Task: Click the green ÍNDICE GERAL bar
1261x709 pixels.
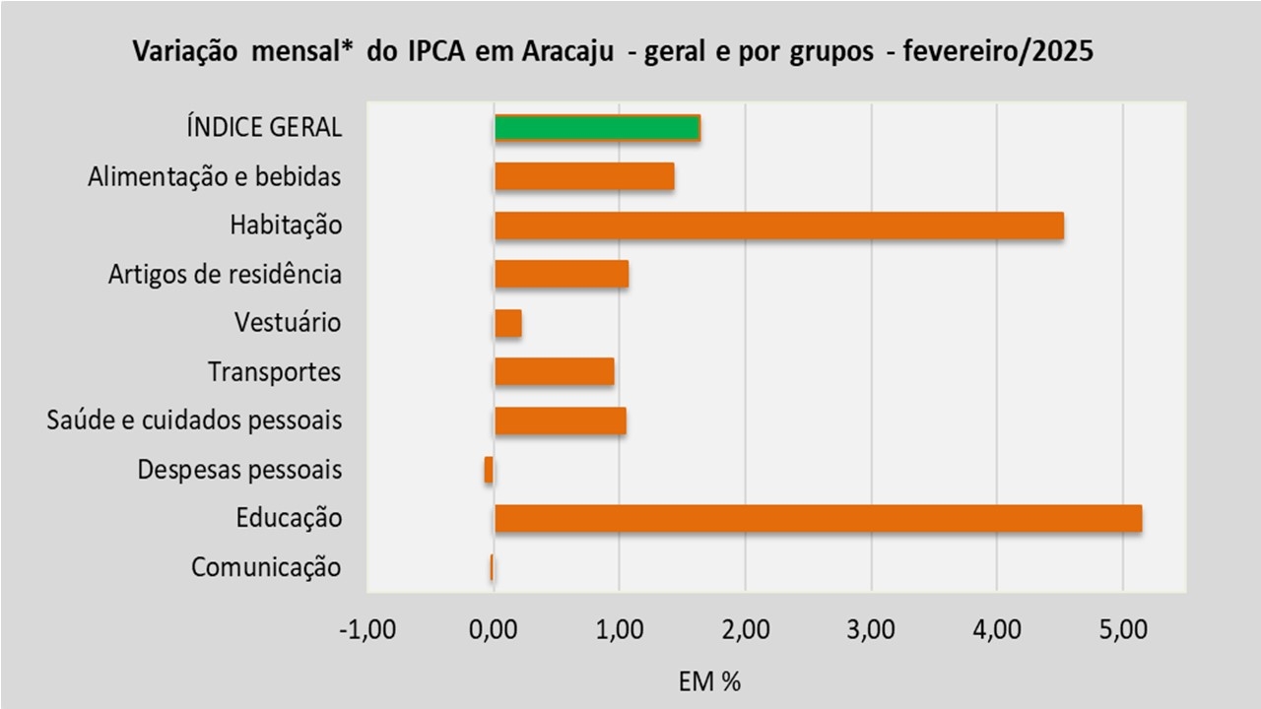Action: pos(597,128)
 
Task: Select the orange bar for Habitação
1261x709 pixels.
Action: pos(778,226)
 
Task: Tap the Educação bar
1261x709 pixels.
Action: pos(818,518)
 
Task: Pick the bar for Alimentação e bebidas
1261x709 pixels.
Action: pos(584,176)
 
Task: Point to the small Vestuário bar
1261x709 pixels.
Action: pos(508,323)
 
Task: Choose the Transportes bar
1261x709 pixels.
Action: pos(554,371)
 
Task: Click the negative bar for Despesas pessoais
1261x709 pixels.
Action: pos(489,470)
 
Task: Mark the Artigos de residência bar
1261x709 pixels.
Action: pos(562,274)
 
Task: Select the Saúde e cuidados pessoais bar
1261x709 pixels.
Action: pos(560,420)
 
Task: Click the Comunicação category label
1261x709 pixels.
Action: pos(266,567)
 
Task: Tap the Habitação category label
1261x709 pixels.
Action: pos(286,226)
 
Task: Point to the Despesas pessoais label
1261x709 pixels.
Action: pos(239,470)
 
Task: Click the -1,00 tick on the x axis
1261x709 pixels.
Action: pos(366,630)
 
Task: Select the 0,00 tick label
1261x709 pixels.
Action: pos(493,630)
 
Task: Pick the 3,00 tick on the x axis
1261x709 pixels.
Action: pos(871,630)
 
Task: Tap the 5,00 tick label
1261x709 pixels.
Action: pos(1122,630)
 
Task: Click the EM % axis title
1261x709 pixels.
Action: pos(709,680)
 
